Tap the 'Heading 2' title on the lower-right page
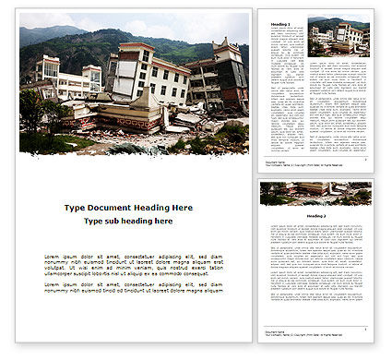(315, 216)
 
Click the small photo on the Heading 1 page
(339, 38)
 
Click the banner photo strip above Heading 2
(315, 193)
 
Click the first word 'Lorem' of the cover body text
(53, 255)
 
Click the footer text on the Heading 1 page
(278, 162)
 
